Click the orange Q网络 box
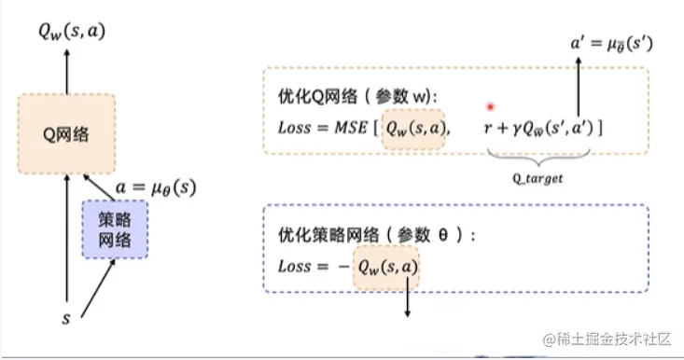tap(66, 135)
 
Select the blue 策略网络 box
tap(115, 228)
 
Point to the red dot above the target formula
tap(488, 107)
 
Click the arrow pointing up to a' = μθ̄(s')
tap(579, 89)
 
